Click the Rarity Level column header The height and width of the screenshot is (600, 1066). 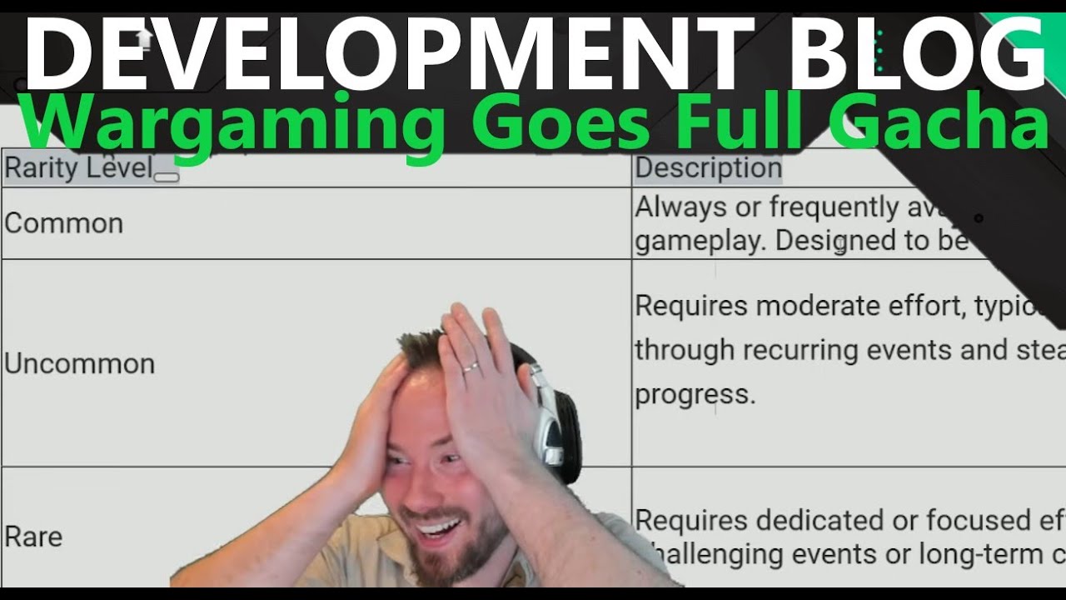coord(79,168)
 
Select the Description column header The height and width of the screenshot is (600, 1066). coord(708,168)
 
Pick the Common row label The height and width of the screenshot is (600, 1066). coord(64,223)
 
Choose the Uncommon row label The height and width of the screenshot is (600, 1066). coord(80,363)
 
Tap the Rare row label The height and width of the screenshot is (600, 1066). coord(33,536)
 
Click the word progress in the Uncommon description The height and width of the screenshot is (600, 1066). coord(695,394)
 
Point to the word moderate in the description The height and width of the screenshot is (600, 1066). coord(813,306)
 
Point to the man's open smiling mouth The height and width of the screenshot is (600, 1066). coord(437,529)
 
